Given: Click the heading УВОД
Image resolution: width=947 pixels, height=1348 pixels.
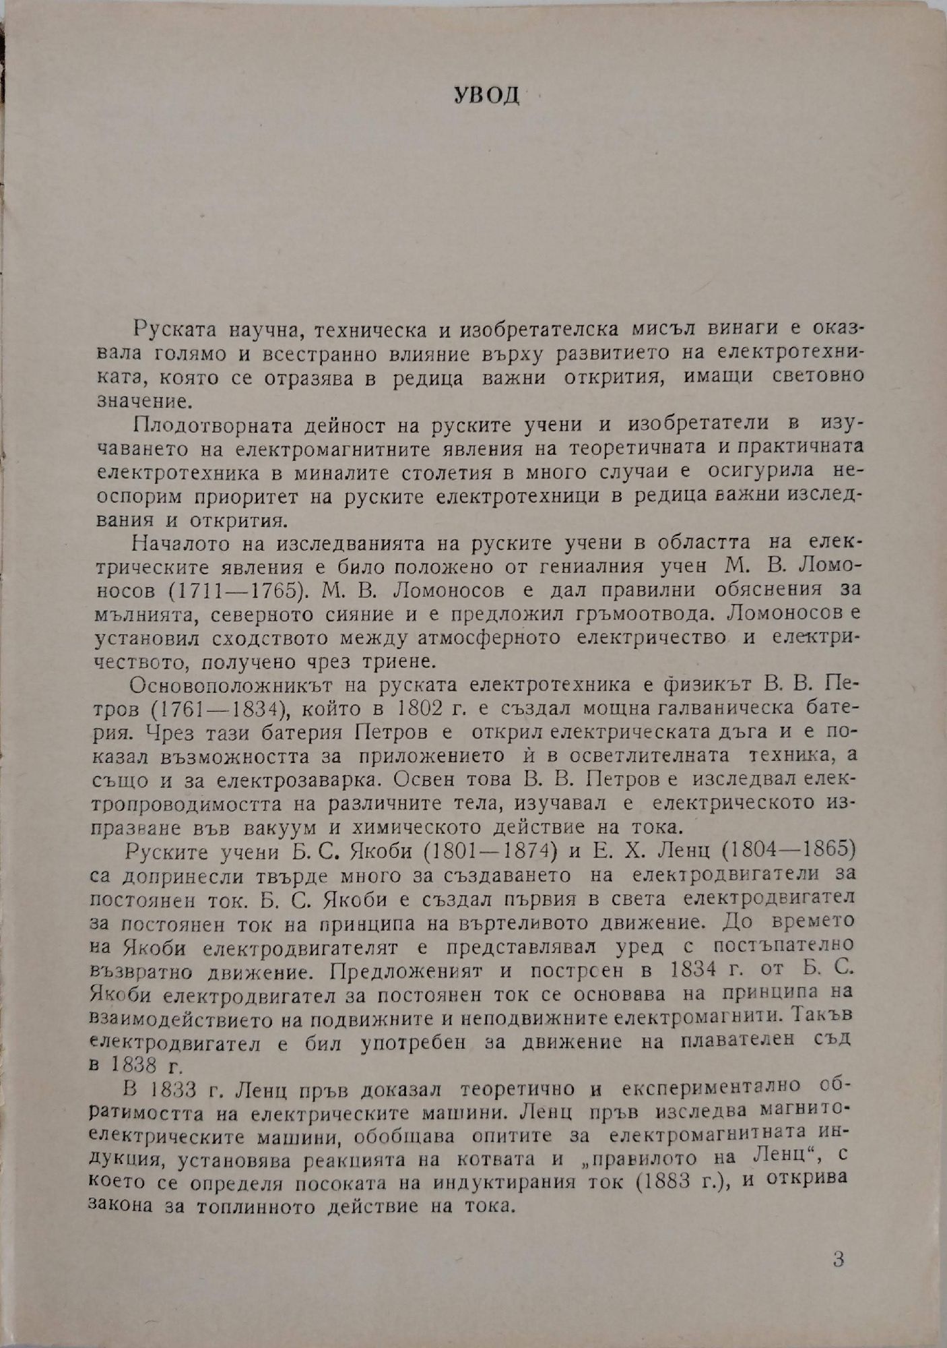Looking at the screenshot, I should (484, 95).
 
